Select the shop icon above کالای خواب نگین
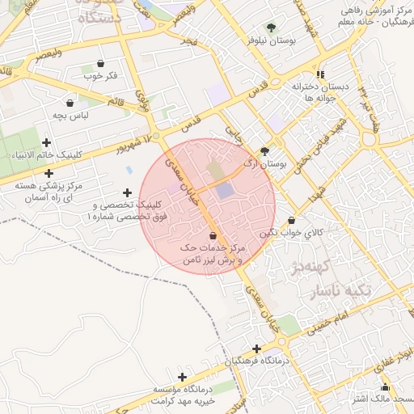291,220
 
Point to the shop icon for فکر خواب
100,63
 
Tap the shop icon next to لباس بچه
70,103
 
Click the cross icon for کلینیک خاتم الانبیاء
46,143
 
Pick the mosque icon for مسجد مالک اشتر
385,387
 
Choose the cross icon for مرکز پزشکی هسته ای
49,173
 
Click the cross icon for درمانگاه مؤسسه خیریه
183,377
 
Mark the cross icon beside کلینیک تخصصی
126,192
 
